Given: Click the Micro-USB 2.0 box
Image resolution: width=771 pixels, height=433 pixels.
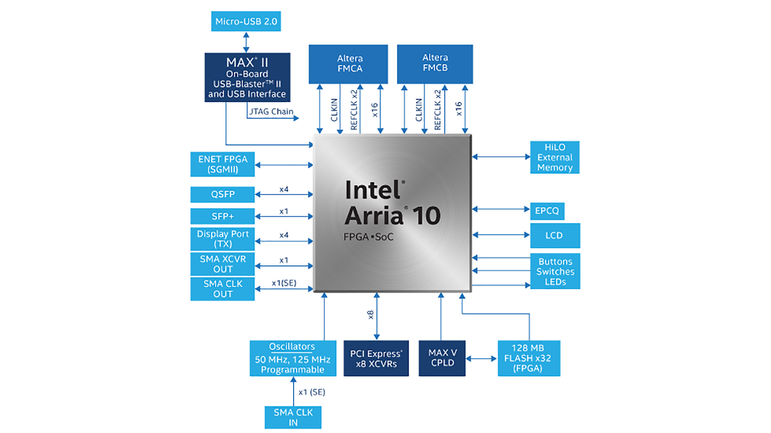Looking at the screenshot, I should tap(246, 21).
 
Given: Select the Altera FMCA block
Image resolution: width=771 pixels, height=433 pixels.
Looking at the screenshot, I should tap(348, 64).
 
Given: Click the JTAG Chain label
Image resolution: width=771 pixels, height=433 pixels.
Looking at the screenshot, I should tap(271, 111).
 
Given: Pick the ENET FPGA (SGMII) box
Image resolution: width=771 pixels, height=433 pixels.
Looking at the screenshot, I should tap(222, 164).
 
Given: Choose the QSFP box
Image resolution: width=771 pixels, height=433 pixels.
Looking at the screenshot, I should tap(222, 194).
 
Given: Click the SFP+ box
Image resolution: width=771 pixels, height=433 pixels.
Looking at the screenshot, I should tap(222, 216).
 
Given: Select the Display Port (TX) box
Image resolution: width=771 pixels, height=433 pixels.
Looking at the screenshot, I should tap(222, 239).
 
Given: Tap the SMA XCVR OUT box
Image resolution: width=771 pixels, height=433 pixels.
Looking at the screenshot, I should tap(222, 264).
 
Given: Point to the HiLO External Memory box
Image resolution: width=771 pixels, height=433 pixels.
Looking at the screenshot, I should tap(555, 157).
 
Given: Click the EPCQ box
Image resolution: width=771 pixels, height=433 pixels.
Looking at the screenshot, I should tap(547, 211).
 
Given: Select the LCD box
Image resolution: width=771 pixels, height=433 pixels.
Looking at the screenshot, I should tap(555, 235).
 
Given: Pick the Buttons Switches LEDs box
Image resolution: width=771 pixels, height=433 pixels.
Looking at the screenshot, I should tap(555, 271).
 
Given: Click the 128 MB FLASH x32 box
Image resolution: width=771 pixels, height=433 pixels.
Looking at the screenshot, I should tap(528, 358).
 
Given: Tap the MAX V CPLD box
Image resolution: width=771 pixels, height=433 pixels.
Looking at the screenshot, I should tap(442, 358).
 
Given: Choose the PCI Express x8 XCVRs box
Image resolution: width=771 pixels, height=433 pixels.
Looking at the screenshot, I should tap(376, 358).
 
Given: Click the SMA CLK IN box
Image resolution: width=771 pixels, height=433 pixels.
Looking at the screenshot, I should tap(293, 417).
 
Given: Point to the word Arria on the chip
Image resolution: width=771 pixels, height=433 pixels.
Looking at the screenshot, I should tap(373, 216).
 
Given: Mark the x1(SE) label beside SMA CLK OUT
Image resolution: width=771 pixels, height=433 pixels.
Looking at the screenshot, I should tap(284, 283).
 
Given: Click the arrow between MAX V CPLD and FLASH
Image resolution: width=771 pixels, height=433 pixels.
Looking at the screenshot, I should tap(481, 358).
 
